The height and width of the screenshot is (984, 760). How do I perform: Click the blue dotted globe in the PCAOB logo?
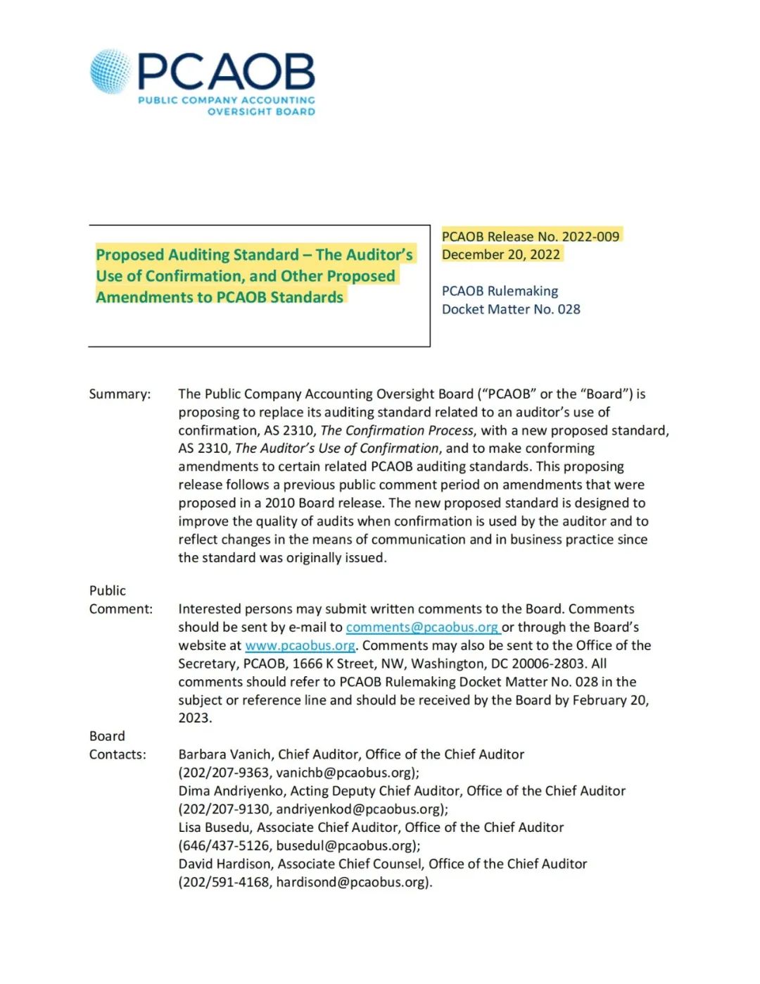click(111, 72)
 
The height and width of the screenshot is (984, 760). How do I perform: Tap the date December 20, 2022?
click(501, 254)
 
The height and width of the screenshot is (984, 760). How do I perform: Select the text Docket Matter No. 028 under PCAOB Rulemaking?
click(511, 309)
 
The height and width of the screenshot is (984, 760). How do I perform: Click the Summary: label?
click(120, 394)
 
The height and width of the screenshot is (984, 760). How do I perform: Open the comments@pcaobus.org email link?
click(422, 627)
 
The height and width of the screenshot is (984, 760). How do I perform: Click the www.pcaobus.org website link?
click(300, 645)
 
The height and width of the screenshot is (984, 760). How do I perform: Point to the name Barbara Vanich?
click(224, 754)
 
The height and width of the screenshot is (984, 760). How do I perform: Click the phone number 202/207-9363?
click(225, 773)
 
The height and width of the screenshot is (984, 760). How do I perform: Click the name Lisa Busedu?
click(214, 828)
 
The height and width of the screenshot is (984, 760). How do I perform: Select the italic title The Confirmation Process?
click(397, 430)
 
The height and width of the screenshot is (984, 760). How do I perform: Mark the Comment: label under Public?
click(120, 609)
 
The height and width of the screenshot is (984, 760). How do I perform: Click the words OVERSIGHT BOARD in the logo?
click(261, 111)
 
